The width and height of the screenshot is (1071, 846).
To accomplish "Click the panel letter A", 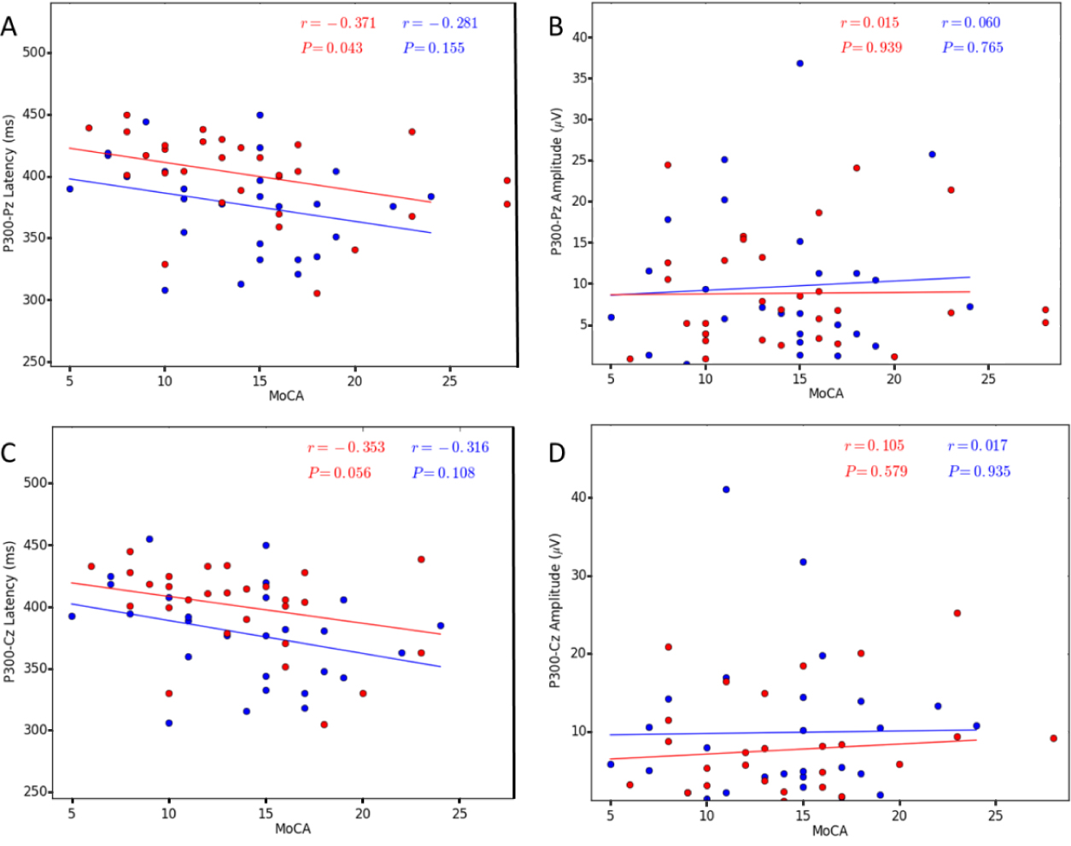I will (x=9, y=27).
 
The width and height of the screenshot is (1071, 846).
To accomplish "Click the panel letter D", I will (x=557, y=452).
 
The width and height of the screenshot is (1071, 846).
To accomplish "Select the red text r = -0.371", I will (x=338, y=23).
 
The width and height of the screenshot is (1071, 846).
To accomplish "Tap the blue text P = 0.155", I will (x=434, y=48).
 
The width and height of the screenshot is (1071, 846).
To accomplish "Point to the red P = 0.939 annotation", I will (x=871, y=48).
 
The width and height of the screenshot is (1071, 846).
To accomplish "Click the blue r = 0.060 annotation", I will (x=971, y=23).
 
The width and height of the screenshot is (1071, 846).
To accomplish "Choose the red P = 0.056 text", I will (x=340, y=473).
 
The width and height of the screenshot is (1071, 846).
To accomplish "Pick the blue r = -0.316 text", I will (x=450, y=447).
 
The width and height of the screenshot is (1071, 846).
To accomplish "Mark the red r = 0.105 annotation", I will (x=874, y=446).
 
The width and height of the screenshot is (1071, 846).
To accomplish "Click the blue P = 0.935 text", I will (x=979, y=471).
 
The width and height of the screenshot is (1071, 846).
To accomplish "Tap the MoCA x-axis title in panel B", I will (x=826, y=394).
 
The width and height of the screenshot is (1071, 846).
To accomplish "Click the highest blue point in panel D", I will (x=726, y=489).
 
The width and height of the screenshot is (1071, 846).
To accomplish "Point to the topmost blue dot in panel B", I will (x=799, y=63).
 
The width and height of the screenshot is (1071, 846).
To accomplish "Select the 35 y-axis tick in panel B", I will (x=582, y=79).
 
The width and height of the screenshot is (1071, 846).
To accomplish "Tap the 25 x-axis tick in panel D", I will (x=995, y=815).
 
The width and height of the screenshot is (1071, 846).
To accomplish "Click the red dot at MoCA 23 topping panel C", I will (x=421, y=559).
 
